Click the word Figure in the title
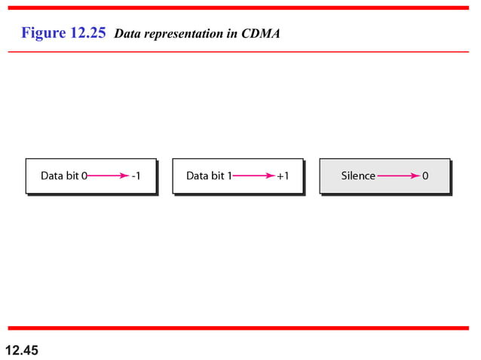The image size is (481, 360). [x=43, y=33]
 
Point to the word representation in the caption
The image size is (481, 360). [x=184, y=34]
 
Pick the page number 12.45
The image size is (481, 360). [x=22, y=350]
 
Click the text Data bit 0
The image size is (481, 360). [x=64, y=176]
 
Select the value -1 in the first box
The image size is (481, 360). [x=135, y=176]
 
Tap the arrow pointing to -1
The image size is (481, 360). [x=107, y=176]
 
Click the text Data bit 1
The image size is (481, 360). [x=209, y=176]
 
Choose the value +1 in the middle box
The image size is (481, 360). [x=282, y=176]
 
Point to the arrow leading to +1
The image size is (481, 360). [x=253, y=176]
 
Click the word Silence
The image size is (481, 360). [x=358, y=176]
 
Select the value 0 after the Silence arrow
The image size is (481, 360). [x=425, y=176]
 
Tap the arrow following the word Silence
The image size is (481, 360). [x=398, y=176]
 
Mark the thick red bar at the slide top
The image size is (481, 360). [x=240, y=8]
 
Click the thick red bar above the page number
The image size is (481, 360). [x=240, y=328]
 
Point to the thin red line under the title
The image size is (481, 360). [x=240, y=52]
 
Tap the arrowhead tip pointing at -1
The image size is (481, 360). [x=127, y=176]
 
